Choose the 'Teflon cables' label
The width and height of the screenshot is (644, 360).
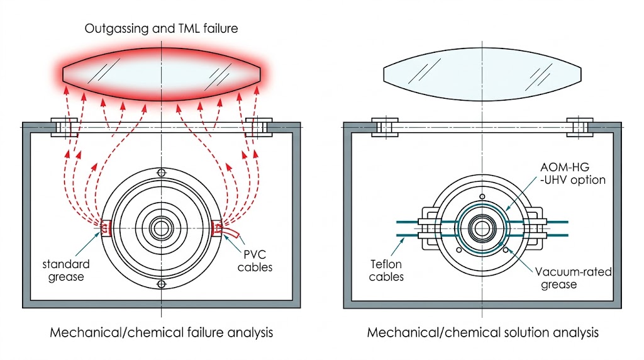(387, 271)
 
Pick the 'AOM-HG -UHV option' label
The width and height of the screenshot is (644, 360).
(572, 174)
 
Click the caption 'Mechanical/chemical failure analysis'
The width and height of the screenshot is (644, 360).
(162, 332)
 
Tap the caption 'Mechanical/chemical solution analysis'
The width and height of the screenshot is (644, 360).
(483, 332)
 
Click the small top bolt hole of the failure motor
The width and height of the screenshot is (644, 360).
(162, 172)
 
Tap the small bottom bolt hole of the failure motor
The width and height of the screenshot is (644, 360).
(162, 284)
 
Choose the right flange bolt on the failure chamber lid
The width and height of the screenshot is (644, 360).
(258, 127)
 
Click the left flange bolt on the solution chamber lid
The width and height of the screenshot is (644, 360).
(386, 127)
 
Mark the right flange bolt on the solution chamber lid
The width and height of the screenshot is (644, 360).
(580, 127)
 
